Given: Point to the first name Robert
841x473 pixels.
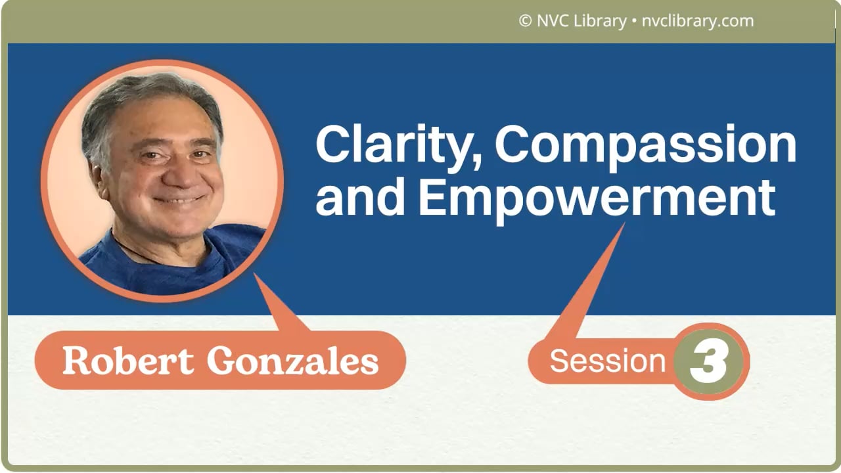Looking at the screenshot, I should pyautogui.click(x=128, y=361).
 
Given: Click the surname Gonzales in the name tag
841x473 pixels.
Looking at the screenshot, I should pyautogui.click(x=292, y=361).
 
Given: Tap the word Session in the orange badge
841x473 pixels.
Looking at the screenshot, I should pyautogui.click(x=608, y=361).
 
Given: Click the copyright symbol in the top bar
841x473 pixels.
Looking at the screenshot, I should pyautogui.click(x=525, y=21).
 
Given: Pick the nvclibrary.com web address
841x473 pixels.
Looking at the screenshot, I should pyautogui.click(x=696, y=21).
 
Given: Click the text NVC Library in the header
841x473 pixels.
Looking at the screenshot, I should pyautogui.click(x=581, y=21).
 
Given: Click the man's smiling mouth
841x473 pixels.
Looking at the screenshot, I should pyautogui.click(x=177, y=199).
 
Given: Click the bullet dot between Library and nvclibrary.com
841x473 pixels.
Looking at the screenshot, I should pyautogui.click(x=633, y=22).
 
